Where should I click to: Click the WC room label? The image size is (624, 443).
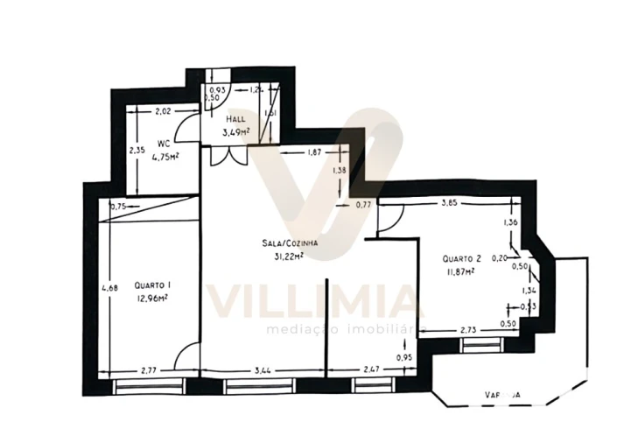pyautogui.click(x=164, y=143)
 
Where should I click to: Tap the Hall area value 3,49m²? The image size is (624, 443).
pyautogui.click(x=235, y=132)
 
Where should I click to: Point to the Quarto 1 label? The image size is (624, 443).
pyautogui.click(x=152, y=285)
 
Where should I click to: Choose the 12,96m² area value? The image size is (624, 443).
pyautogui.click(x=151, y=298)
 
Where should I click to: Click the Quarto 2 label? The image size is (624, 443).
pyautogui.click(x=461, y=258)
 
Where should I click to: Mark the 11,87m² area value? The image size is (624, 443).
pyautogui.click(x=459, y=271)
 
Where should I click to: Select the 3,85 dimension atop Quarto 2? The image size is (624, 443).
pyautogui.click(x=449, y=203)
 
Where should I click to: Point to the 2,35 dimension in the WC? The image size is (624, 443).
pyautogui.click(x=137, y=150)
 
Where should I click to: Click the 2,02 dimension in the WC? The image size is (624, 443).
pyautogui.click(x=164, y=111)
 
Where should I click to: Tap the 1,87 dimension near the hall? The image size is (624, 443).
pyautogui.click(x=314, y=152)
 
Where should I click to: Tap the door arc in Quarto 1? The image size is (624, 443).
pyautogui.click(x=186, y=357)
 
